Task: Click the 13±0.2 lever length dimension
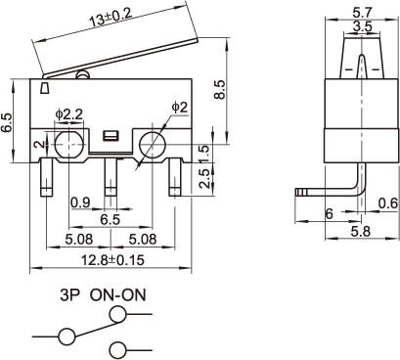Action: [x=111, y=17]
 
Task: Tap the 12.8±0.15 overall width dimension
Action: [x=112, y=260]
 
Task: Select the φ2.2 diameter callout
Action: [x=69, y=115]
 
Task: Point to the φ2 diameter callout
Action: [x=180, y=108]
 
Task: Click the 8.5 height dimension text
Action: [x=219, y=89]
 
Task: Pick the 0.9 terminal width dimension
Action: [x=80, y=203]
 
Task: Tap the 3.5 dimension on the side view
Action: [x=362, y=26]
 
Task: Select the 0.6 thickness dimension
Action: [x=388, y=203]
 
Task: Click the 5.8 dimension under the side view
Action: [x=361, y=232]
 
